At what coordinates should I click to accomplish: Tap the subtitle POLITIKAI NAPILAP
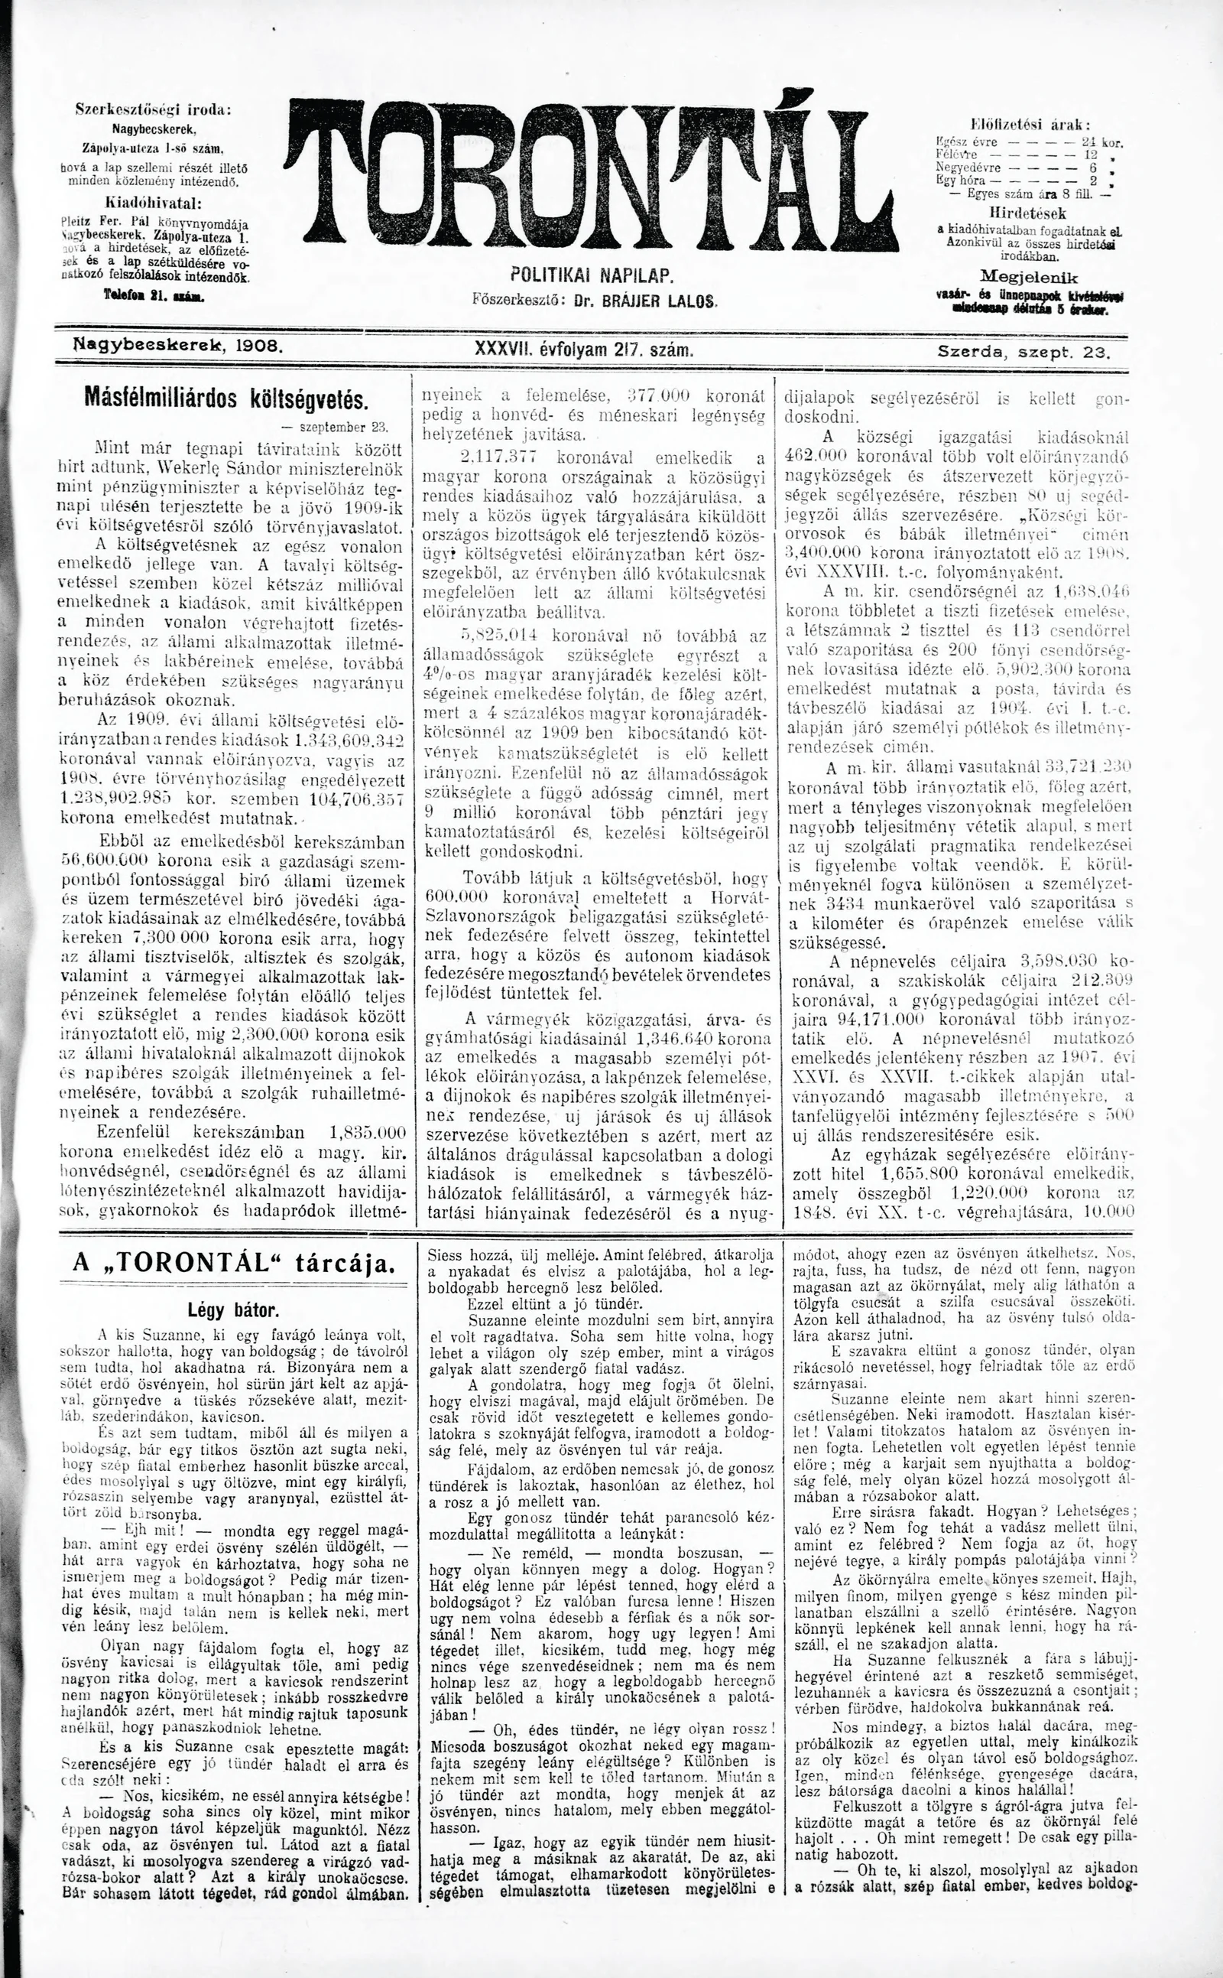[592, 276]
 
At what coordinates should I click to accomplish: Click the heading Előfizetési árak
[1030, 125]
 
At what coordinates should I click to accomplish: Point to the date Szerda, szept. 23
[1024, 352]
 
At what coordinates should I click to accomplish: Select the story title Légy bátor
[233, 1309]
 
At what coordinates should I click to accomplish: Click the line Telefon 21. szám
[154, 297]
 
